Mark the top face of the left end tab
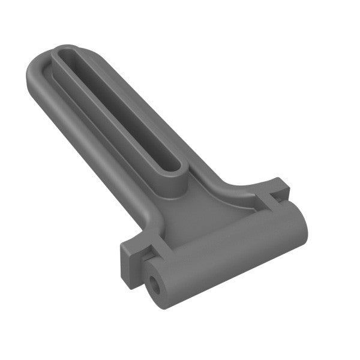point(136,244)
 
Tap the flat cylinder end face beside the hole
point(168,291)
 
